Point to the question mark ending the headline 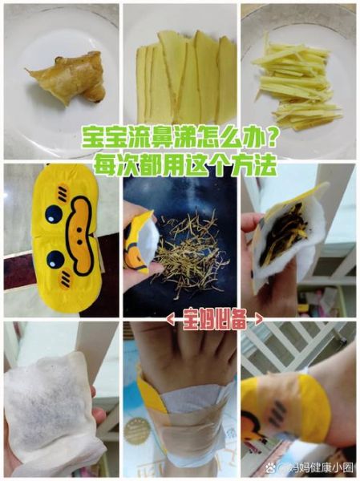click(270, 138)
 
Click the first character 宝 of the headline click(94, 138)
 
